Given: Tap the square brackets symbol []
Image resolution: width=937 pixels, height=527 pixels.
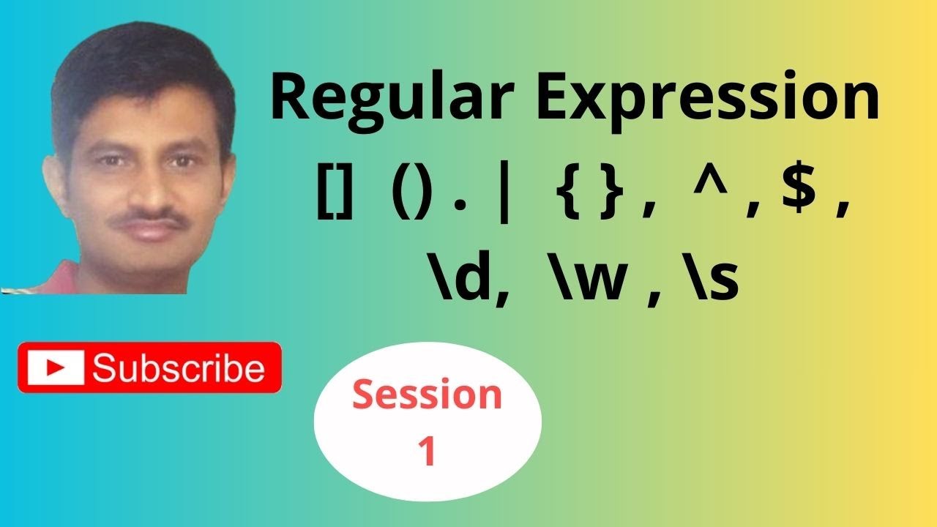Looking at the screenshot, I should click(336, 200).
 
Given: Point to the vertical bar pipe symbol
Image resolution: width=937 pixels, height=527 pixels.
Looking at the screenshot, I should click(501, 200).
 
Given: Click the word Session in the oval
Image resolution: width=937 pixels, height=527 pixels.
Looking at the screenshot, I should click(428, 396).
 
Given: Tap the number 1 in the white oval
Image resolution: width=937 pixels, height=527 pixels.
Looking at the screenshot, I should click(427, 451).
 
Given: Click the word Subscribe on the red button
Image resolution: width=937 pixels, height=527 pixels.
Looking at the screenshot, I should click(179, 368).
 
